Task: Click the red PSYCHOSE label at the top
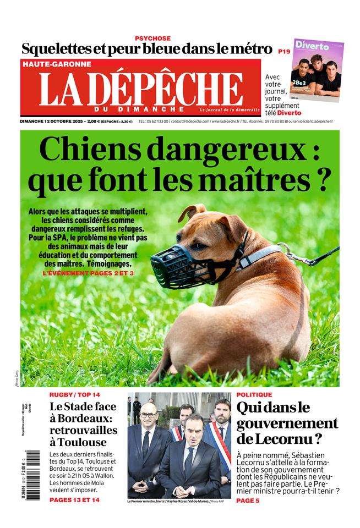tap(152, 38)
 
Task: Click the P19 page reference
tap(284, 51)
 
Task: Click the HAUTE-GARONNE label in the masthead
tap(57, 64)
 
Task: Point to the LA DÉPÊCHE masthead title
tap(141, 89)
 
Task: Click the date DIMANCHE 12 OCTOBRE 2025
tap(52, 121)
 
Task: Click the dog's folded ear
tap(193, 211)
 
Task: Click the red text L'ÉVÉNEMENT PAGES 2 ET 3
tap(88, 272)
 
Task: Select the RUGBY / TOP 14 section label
tap(75, 395)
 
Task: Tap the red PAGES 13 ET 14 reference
tap(74, 500)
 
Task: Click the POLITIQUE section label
tap(254, 395)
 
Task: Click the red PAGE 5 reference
tap(248, 500)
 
